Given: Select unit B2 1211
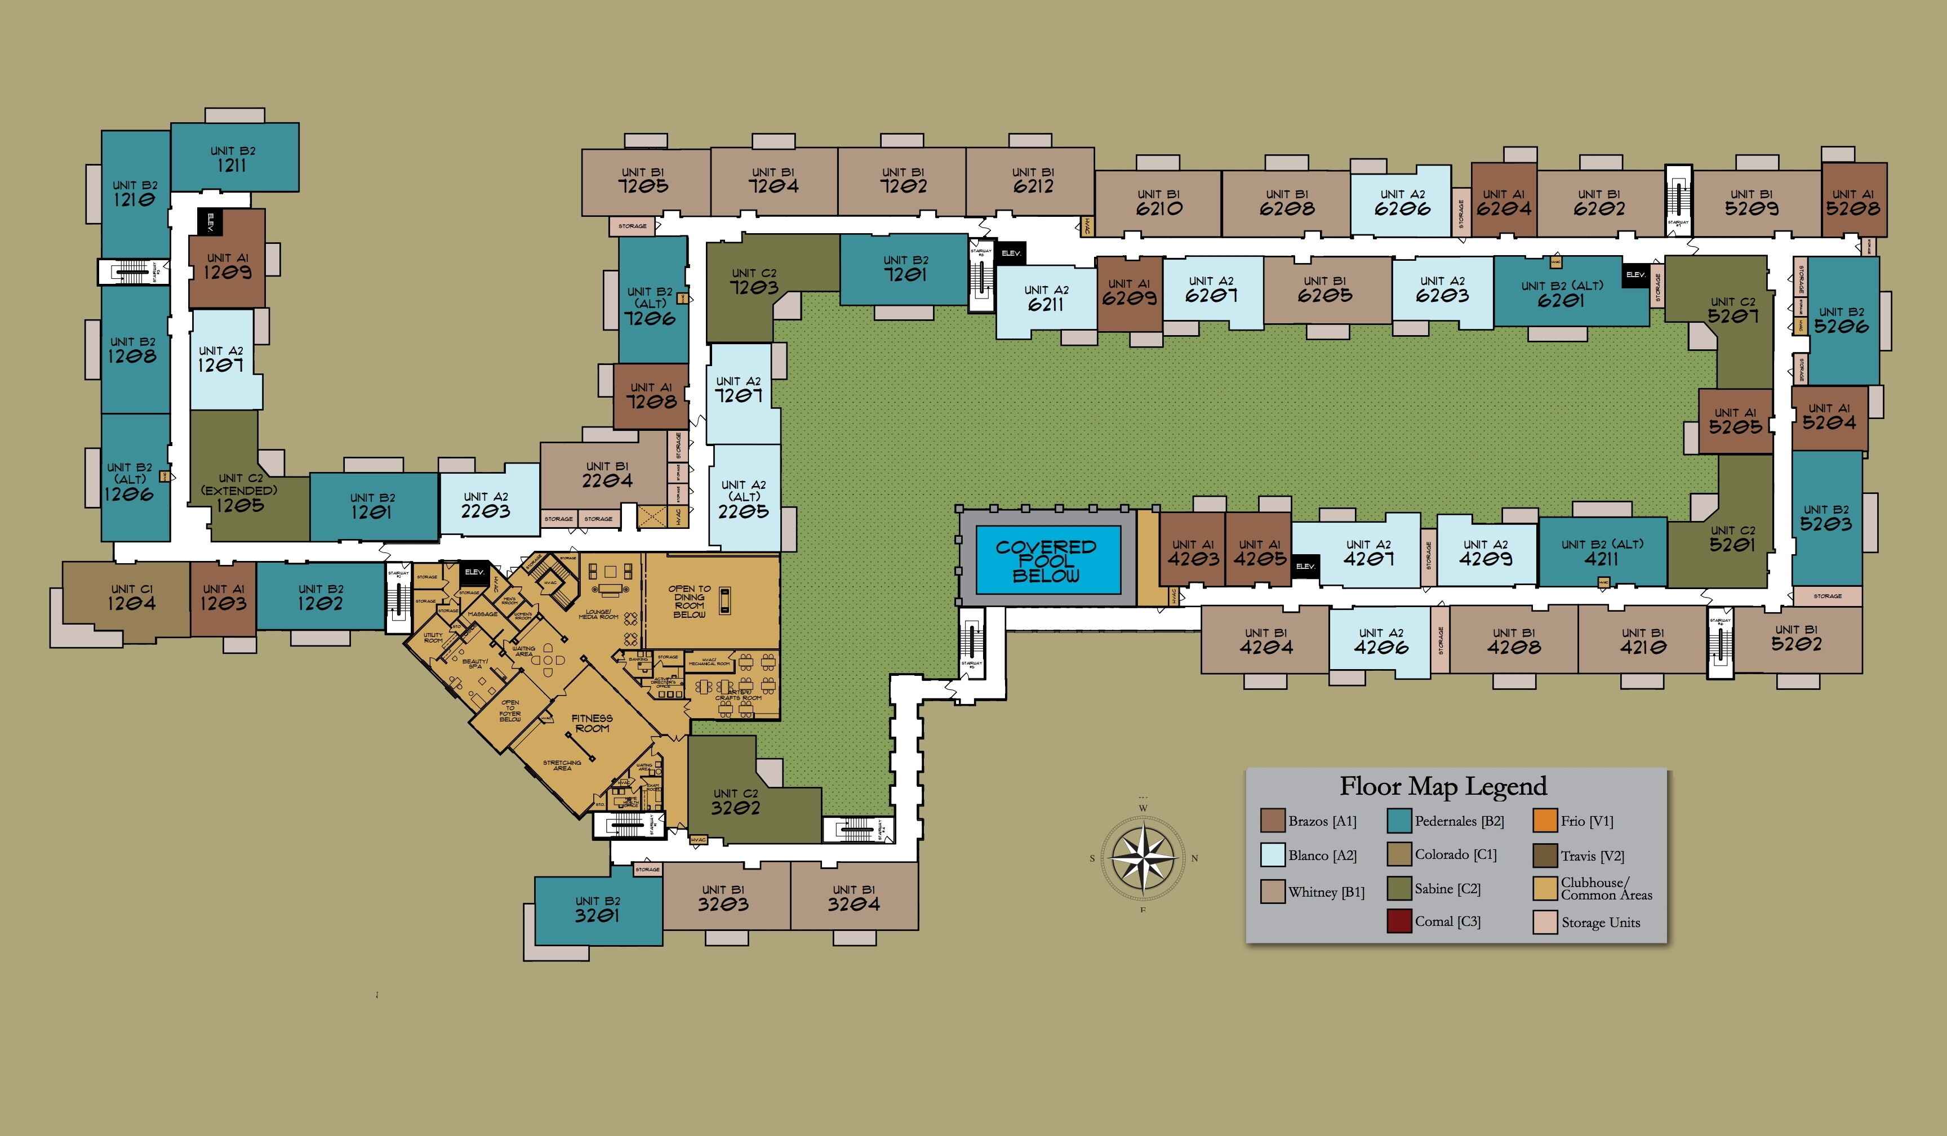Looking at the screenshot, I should click(233, 158).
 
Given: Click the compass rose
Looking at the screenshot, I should click(1143, 858).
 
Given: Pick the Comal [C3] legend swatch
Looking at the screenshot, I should click(1399, 921).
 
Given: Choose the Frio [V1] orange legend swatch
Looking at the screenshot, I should click(1544, 821).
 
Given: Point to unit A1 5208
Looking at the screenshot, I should click(1853, 202).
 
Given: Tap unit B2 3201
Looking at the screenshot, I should click(597, 909).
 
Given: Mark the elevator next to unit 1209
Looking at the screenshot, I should click(210, 222).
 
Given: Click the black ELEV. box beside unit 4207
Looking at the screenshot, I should click(1305, 567).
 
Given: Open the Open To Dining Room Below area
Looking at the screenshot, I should click(689, 602).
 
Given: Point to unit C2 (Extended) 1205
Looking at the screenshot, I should click(239, 493).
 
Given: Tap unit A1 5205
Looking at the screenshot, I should click(1735, 421).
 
